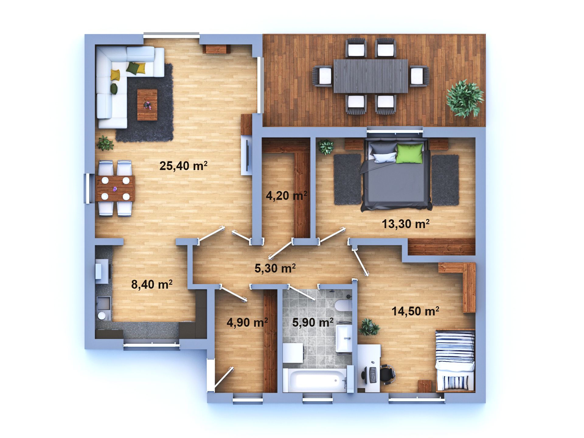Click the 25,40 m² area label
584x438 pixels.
(183, 166)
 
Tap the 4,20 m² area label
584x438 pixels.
(286, 196)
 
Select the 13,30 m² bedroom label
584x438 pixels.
(405, 224)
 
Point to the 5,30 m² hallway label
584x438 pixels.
(275, 268)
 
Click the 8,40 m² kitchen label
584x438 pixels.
(152, 284)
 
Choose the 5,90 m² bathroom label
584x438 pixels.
(313, 322)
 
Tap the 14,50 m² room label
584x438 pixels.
(415, 311)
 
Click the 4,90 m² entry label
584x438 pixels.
(247, 322)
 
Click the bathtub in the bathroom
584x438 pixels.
(315, 380)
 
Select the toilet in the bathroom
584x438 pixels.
(344, 305)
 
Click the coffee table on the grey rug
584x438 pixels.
(147, 105)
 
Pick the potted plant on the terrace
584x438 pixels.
(464, 98)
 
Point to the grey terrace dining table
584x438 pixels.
(371, 76)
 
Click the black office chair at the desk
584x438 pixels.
(388, 374)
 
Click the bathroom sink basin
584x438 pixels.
(344, 338)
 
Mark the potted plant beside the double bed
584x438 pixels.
(325, 147)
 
